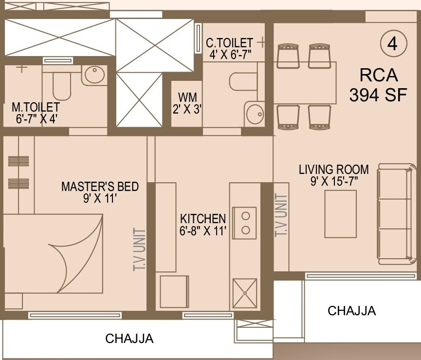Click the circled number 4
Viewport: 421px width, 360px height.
click(x=392, y=44)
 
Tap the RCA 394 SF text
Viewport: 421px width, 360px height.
click(x=378, y=85)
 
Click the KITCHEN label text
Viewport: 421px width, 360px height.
click(x=203, y=224)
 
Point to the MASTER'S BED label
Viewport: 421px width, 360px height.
click(x=100, y=192)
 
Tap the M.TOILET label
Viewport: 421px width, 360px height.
click(x=36, y=112)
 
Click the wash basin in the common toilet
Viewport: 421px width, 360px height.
click(x=255, y=114)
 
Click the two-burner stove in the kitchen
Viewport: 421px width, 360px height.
click(x=246, y=222)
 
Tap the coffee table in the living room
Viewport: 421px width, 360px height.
click(x=340, y=214)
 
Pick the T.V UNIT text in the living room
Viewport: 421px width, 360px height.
click(x=281, y=215)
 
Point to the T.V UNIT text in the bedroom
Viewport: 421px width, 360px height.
click(x=140, y=250)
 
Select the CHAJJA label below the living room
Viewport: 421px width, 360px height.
click(x=351, y=310)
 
